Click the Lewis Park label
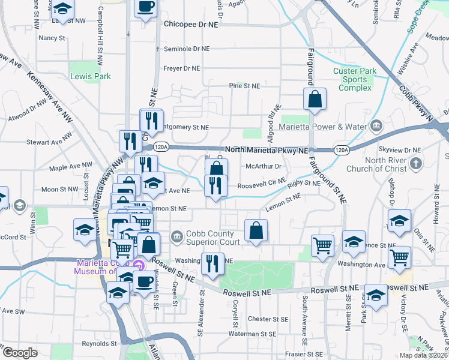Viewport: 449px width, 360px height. (x=91, y=77)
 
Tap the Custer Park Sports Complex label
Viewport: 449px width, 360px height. (x=355, y=80)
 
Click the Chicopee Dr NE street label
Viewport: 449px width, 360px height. (x=191, y=26)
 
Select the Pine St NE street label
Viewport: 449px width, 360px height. (x=244, y=86)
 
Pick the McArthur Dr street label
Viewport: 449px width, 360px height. (x=264, y=167)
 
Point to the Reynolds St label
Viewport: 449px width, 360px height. (x=99, y=344)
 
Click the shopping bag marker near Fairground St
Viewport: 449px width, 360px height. (x=315, y=100)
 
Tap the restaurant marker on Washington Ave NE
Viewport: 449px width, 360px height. (x=212, y=264)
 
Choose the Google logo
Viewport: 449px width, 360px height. (x=20, y=353)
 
